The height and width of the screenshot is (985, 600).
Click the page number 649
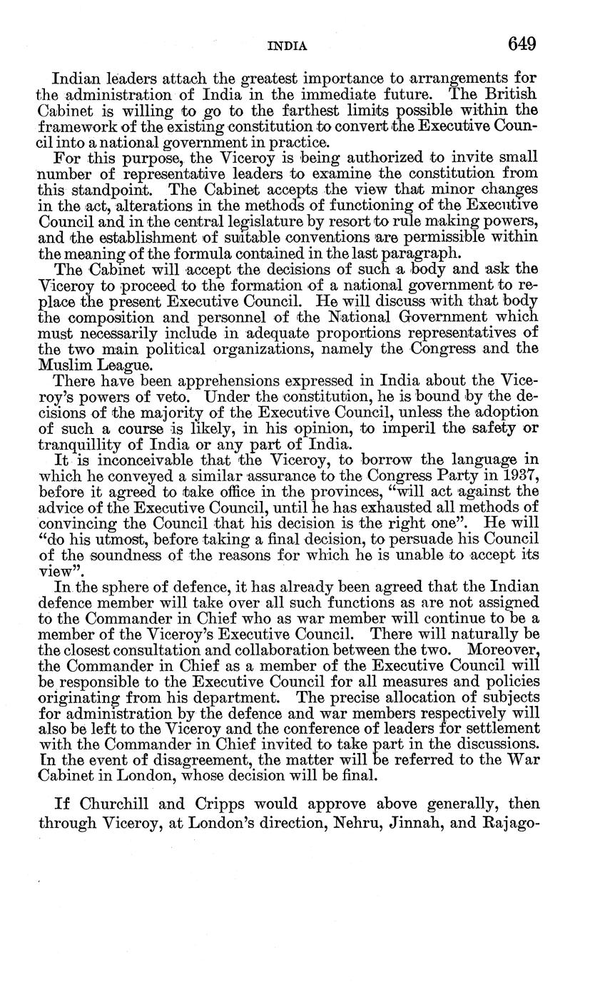pyautogui.click(x=522, y=44)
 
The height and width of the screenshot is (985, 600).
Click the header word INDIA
pyautogui.click(x=287, y=46)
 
